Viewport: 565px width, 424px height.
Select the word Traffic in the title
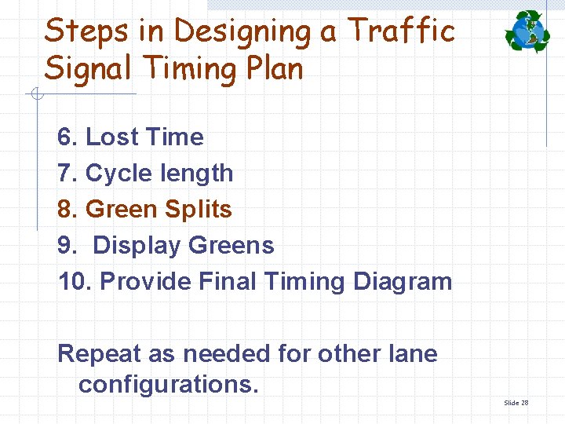click(401, 31)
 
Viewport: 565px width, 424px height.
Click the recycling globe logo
click(528, 32)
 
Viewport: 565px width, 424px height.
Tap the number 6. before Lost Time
click(67, 137)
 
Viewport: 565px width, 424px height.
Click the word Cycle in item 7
click(118, 174)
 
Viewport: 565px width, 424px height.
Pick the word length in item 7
click(196, 174)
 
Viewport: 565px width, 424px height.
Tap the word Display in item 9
click(137, 246)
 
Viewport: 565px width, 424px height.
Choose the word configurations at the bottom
click(168, 385)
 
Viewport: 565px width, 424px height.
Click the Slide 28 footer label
click(516, 403)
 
